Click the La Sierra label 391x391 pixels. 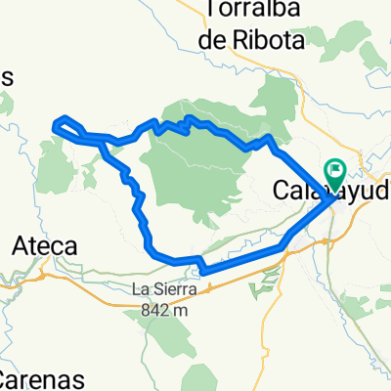(167, 289)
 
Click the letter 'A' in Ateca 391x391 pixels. (19, 247)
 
